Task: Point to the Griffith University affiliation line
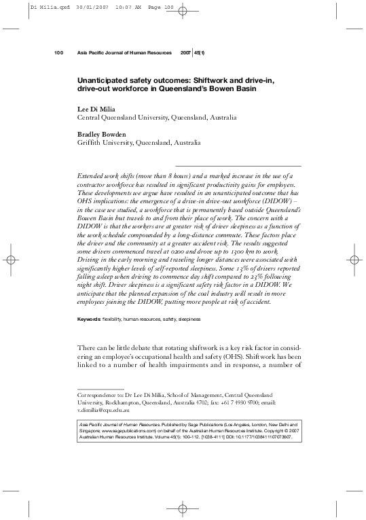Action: [x=139, y=143]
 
